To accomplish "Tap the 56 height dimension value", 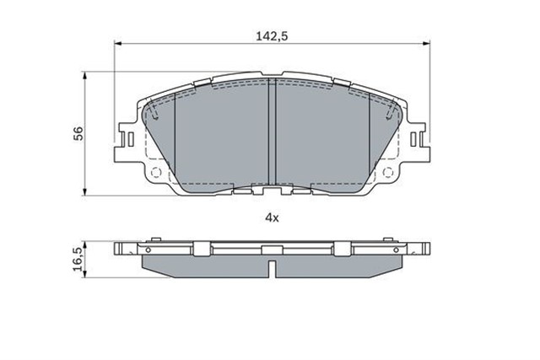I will click(x=78, y=132).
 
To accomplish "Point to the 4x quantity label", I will click(x=271, y=218).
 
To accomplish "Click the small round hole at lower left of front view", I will click(x=154, y=172).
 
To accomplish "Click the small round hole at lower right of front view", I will click(x=388, y=172).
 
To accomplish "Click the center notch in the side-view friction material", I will click(x=271, y=268).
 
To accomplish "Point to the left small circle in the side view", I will click(x=148, y=250).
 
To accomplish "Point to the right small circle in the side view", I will click(x=394, y=250).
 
